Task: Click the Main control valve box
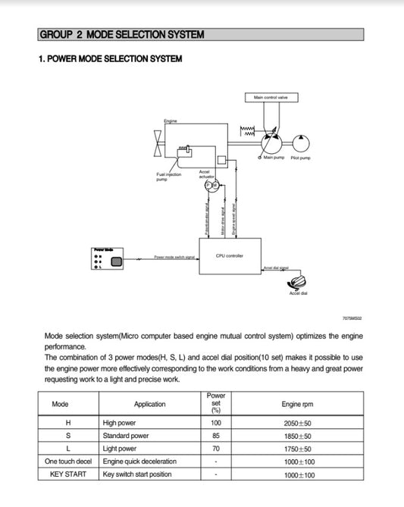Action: pos(271,97)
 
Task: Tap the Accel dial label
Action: pos(298,293)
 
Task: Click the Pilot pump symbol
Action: pos(301,142)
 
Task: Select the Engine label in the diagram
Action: pos(171,121)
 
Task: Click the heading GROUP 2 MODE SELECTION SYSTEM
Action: pos(121,35)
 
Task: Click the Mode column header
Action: pos(60,404)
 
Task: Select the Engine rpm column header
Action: pos(297,404)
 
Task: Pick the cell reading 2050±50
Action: pos(297,423)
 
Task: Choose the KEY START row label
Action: pos(60,474)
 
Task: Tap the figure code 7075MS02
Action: pos(353,319)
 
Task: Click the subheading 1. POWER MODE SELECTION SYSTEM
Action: pos(110,59)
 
